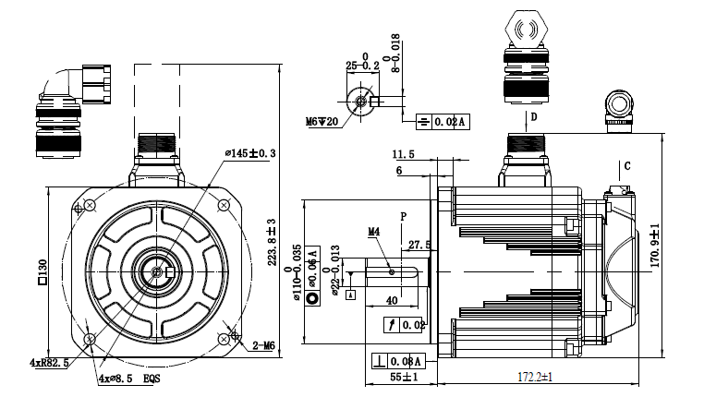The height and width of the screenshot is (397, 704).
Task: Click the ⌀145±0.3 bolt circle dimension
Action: [250, 152]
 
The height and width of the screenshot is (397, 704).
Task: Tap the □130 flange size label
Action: [42, 271]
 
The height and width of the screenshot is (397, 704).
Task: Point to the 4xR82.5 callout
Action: [50, 363]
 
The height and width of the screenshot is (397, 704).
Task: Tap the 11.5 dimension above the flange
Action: [403, 153]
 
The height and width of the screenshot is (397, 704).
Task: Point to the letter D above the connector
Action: [533, 117]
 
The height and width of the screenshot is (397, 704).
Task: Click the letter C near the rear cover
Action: [626, 166]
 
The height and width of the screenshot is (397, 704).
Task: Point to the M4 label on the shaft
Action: [374, 231]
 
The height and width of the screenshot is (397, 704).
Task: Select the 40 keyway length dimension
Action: [392, 301]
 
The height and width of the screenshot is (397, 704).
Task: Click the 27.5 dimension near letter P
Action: [419, 245]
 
